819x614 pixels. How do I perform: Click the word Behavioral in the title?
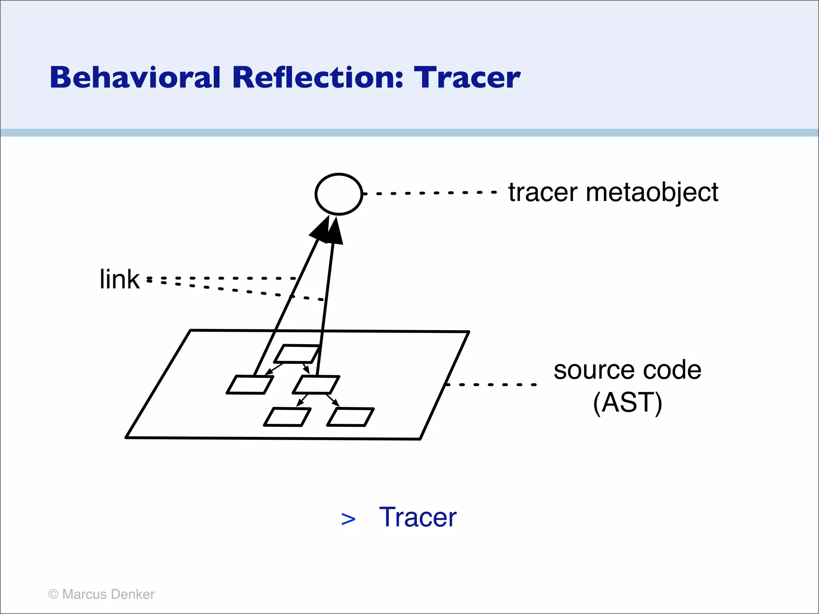pos(135,78)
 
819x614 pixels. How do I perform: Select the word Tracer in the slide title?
pos(467,78)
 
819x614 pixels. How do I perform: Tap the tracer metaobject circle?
pos(339,194)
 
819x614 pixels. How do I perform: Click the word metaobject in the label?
pos(652,192)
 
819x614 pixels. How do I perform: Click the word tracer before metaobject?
pos(543,192)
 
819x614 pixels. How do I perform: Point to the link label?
pos(119,279)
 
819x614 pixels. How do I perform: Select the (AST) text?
pos(627,403)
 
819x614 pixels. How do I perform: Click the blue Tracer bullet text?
pos(417,517)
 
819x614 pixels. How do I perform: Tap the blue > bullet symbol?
pos(348,519)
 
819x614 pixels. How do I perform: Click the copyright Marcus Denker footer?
pos(101,594)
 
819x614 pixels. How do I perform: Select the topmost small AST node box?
pos(298,354)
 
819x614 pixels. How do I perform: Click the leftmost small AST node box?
pos(250,385)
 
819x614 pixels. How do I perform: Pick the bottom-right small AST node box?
pos(350,417)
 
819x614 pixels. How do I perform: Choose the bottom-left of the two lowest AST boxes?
pos(287,417)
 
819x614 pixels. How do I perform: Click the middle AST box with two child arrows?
pos(316,385)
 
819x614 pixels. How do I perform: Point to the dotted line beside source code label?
pos(491,385)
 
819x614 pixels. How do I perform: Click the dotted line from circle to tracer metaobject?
pos(430,193)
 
